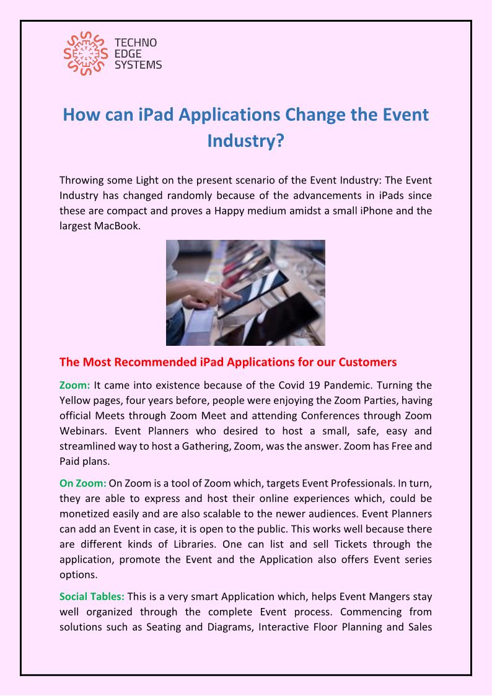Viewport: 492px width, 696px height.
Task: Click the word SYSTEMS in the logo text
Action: pos(138,64)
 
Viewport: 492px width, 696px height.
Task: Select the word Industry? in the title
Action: pos(245,140)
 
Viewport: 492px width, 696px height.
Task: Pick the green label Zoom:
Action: pos(74,385)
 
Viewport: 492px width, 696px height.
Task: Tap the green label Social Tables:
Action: pos(92,597)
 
